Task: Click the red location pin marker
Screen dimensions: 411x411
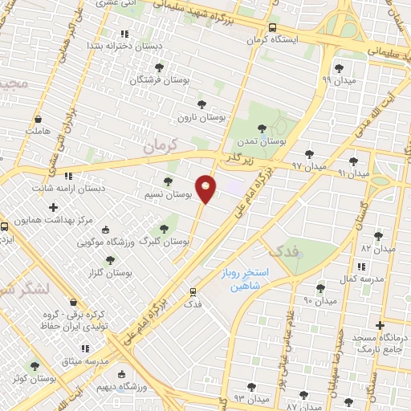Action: coord(205,188)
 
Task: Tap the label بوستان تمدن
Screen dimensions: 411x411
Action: coord(265,141)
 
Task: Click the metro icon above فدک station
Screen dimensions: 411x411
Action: coord(193,292)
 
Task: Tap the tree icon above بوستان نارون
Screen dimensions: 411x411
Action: coord(201,104)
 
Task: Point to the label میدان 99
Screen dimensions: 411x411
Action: coord(337,80)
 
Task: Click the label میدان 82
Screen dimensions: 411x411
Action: coord(379,249)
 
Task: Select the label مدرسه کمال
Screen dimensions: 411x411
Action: coord(356,278)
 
